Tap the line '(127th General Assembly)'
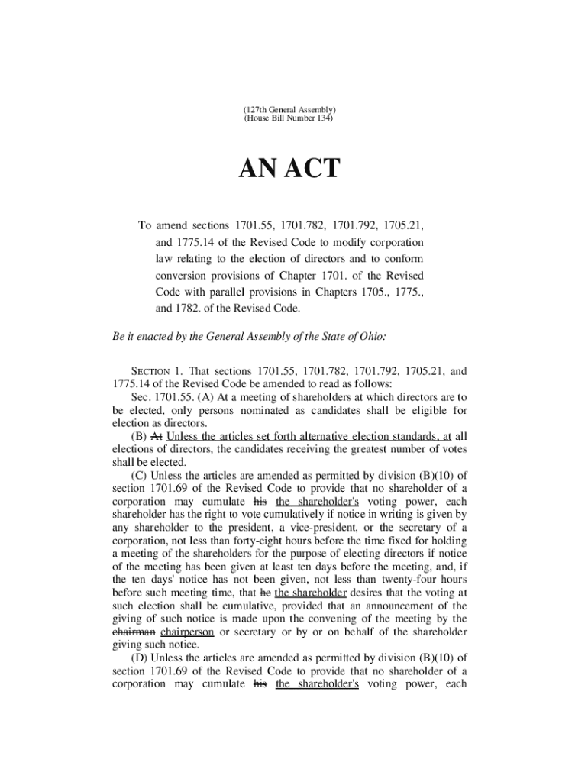(289, 110)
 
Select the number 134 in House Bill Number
(326, 119)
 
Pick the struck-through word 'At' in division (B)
(157, 436)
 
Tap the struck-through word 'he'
(266, 592)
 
